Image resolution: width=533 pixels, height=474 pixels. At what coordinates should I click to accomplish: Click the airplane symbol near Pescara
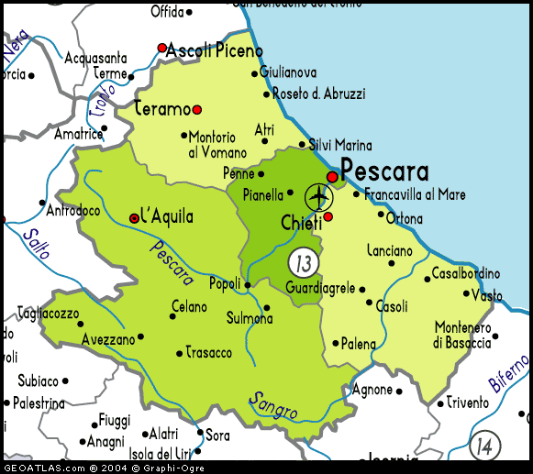point(318,196)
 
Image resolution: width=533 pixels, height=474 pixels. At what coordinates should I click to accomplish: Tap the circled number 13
point(302,263)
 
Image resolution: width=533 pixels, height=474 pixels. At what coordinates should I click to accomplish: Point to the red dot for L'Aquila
point(135,218)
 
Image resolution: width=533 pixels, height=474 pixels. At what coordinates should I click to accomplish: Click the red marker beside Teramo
point(196,109)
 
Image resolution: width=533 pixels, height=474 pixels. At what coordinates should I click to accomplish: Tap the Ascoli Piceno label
point(215,51)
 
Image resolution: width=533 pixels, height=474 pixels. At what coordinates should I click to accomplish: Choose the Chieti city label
point(301,223)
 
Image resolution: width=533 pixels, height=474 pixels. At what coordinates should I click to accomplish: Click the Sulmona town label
point(250,319)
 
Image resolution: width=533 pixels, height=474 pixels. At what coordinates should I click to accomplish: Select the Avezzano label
point(108,338)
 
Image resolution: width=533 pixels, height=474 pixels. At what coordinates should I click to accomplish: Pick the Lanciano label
point(390,250)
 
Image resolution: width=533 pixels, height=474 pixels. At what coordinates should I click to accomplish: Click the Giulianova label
point(288,72)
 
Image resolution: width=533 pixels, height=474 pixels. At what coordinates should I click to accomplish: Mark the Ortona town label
point(405,219)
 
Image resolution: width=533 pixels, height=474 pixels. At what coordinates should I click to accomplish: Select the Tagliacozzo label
point(50,314)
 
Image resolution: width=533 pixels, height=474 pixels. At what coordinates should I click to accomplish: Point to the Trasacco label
point(209,352)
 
